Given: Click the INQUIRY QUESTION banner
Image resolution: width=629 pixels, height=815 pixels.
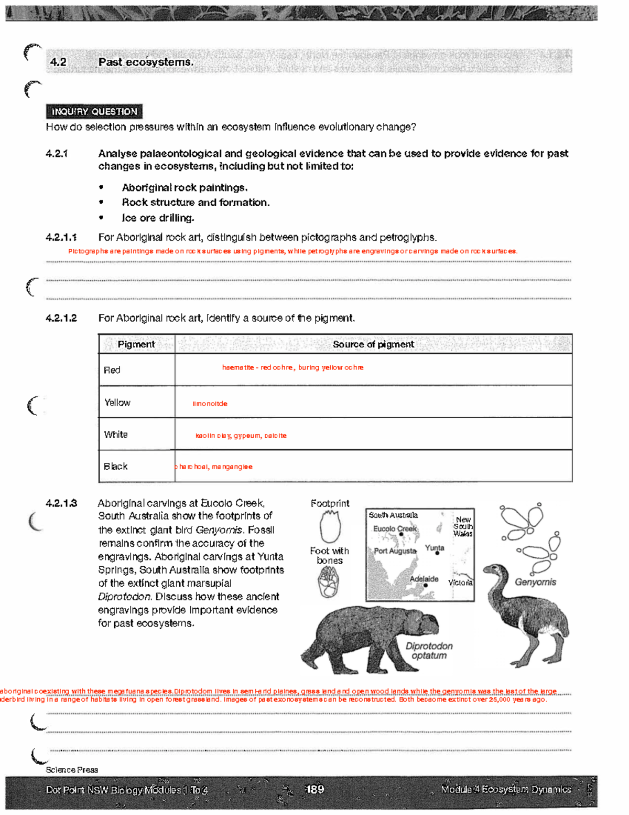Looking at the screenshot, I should tap(94, 112).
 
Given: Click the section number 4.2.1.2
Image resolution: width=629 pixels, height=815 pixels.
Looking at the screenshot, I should tap(61, 318).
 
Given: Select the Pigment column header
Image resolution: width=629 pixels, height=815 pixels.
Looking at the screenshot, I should tap(136, 344).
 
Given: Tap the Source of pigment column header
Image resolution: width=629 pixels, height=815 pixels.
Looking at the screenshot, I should tap(373, 344).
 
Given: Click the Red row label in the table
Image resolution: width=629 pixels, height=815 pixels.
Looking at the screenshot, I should tap(112, 370).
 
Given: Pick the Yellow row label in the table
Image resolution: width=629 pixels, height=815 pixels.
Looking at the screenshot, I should tap(117, 403).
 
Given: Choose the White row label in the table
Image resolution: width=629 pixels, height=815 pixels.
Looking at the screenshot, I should tap(116, 435).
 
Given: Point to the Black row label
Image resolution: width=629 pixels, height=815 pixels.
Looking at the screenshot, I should tap(116, 467).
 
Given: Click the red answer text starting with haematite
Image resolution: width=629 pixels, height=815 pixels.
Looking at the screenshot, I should tap(292, 367).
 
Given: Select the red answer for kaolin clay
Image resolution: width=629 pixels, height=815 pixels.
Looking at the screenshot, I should tap(241, 436).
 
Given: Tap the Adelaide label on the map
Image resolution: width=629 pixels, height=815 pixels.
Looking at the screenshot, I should tap(424, 579).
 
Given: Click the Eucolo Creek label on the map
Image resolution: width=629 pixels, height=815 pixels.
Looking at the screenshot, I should tap(395, 528).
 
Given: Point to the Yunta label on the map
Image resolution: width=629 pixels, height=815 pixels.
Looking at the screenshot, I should tap(435, 547).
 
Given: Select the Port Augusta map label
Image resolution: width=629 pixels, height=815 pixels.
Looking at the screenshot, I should tap(395, 551).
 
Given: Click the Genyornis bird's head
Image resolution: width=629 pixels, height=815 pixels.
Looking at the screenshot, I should tap(493, 570).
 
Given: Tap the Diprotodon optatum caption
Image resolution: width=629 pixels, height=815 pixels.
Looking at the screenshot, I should tap(429, 651).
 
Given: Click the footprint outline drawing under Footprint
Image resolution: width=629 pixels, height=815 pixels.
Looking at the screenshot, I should tap(330, 526).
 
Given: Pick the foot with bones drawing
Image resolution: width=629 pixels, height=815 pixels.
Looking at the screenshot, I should tap(329, 583).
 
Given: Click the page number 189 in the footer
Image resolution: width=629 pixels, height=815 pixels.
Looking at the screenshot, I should tap(314, 789).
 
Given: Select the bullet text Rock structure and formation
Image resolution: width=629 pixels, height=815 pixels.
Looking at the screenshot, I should tap(196, 203).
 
